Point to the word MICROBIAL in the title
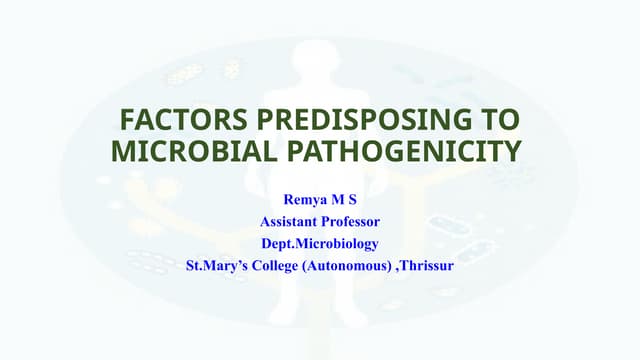186,152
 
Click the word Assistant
293,222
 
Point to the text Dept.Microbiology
320,245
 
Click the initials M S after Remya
343,200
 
